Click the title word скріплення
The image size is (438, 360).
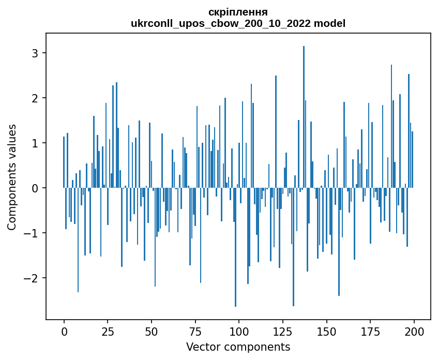(x=238, y=11)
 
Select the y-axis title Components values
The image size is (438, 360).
(x=12, y=177)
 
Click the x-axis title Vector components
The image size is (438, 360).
(x=238, y=347)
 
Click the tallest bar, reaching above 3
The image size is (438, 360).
(x=304, y=117)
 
